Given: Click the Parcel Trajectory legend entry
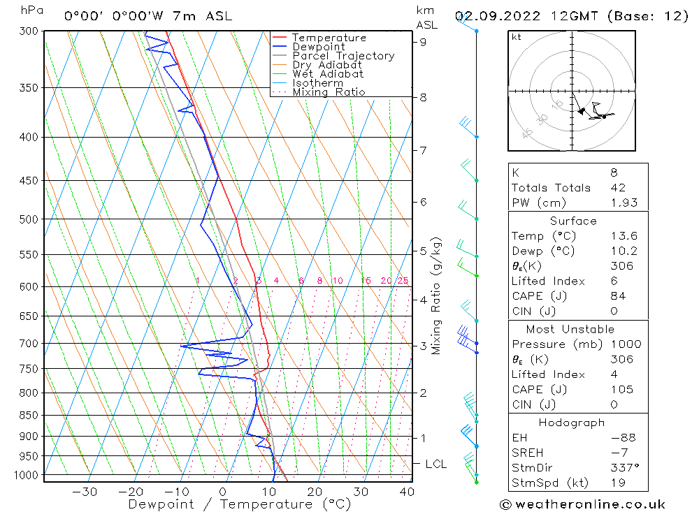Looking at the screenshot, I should (x=343, y=56).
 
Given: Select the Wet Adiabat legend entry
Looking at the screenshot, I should (x=328, y=74).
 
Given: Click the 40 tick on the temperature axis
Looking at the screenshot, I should (x=406, y=492).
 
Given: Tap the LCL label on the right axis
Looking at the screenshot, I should (x=435, y=464).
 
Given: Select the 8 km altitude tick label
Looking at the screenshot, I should (x=423, y=98).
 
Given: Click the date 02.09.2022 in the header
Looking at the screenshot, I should (x=491, y=15).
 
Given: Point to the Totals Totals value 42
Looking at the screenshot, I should (x=618, y=188).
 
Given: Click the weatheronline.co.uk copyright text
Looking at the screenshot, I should (x=582, y=504).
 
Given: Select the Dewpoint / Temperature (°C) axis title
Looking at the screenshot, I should (x=240, y=504).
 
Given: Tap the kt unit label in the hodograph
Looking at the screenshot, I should (x=516, y=37).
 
